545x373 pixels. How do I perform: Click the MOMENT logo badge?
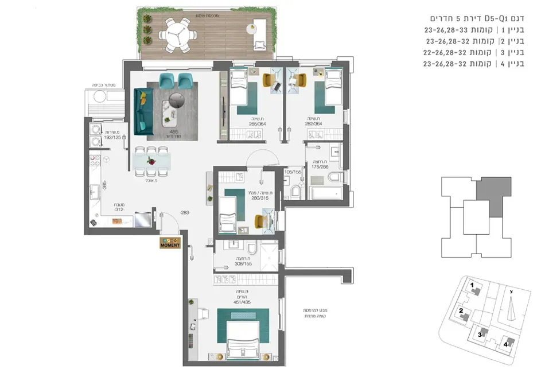[170, 242]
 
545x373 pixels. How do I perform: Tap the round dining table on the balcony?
[177, 33]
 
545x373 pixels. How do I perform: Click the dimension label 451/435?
[242, 302]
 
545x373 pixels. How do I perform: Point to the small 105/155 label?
[293, 172]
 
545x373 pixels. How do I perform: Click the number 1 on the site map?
[472, 285]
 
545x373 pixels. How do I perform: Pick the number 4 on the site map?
[505, 344]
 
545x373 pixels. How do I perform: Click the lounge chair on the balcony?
[259, 34]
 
